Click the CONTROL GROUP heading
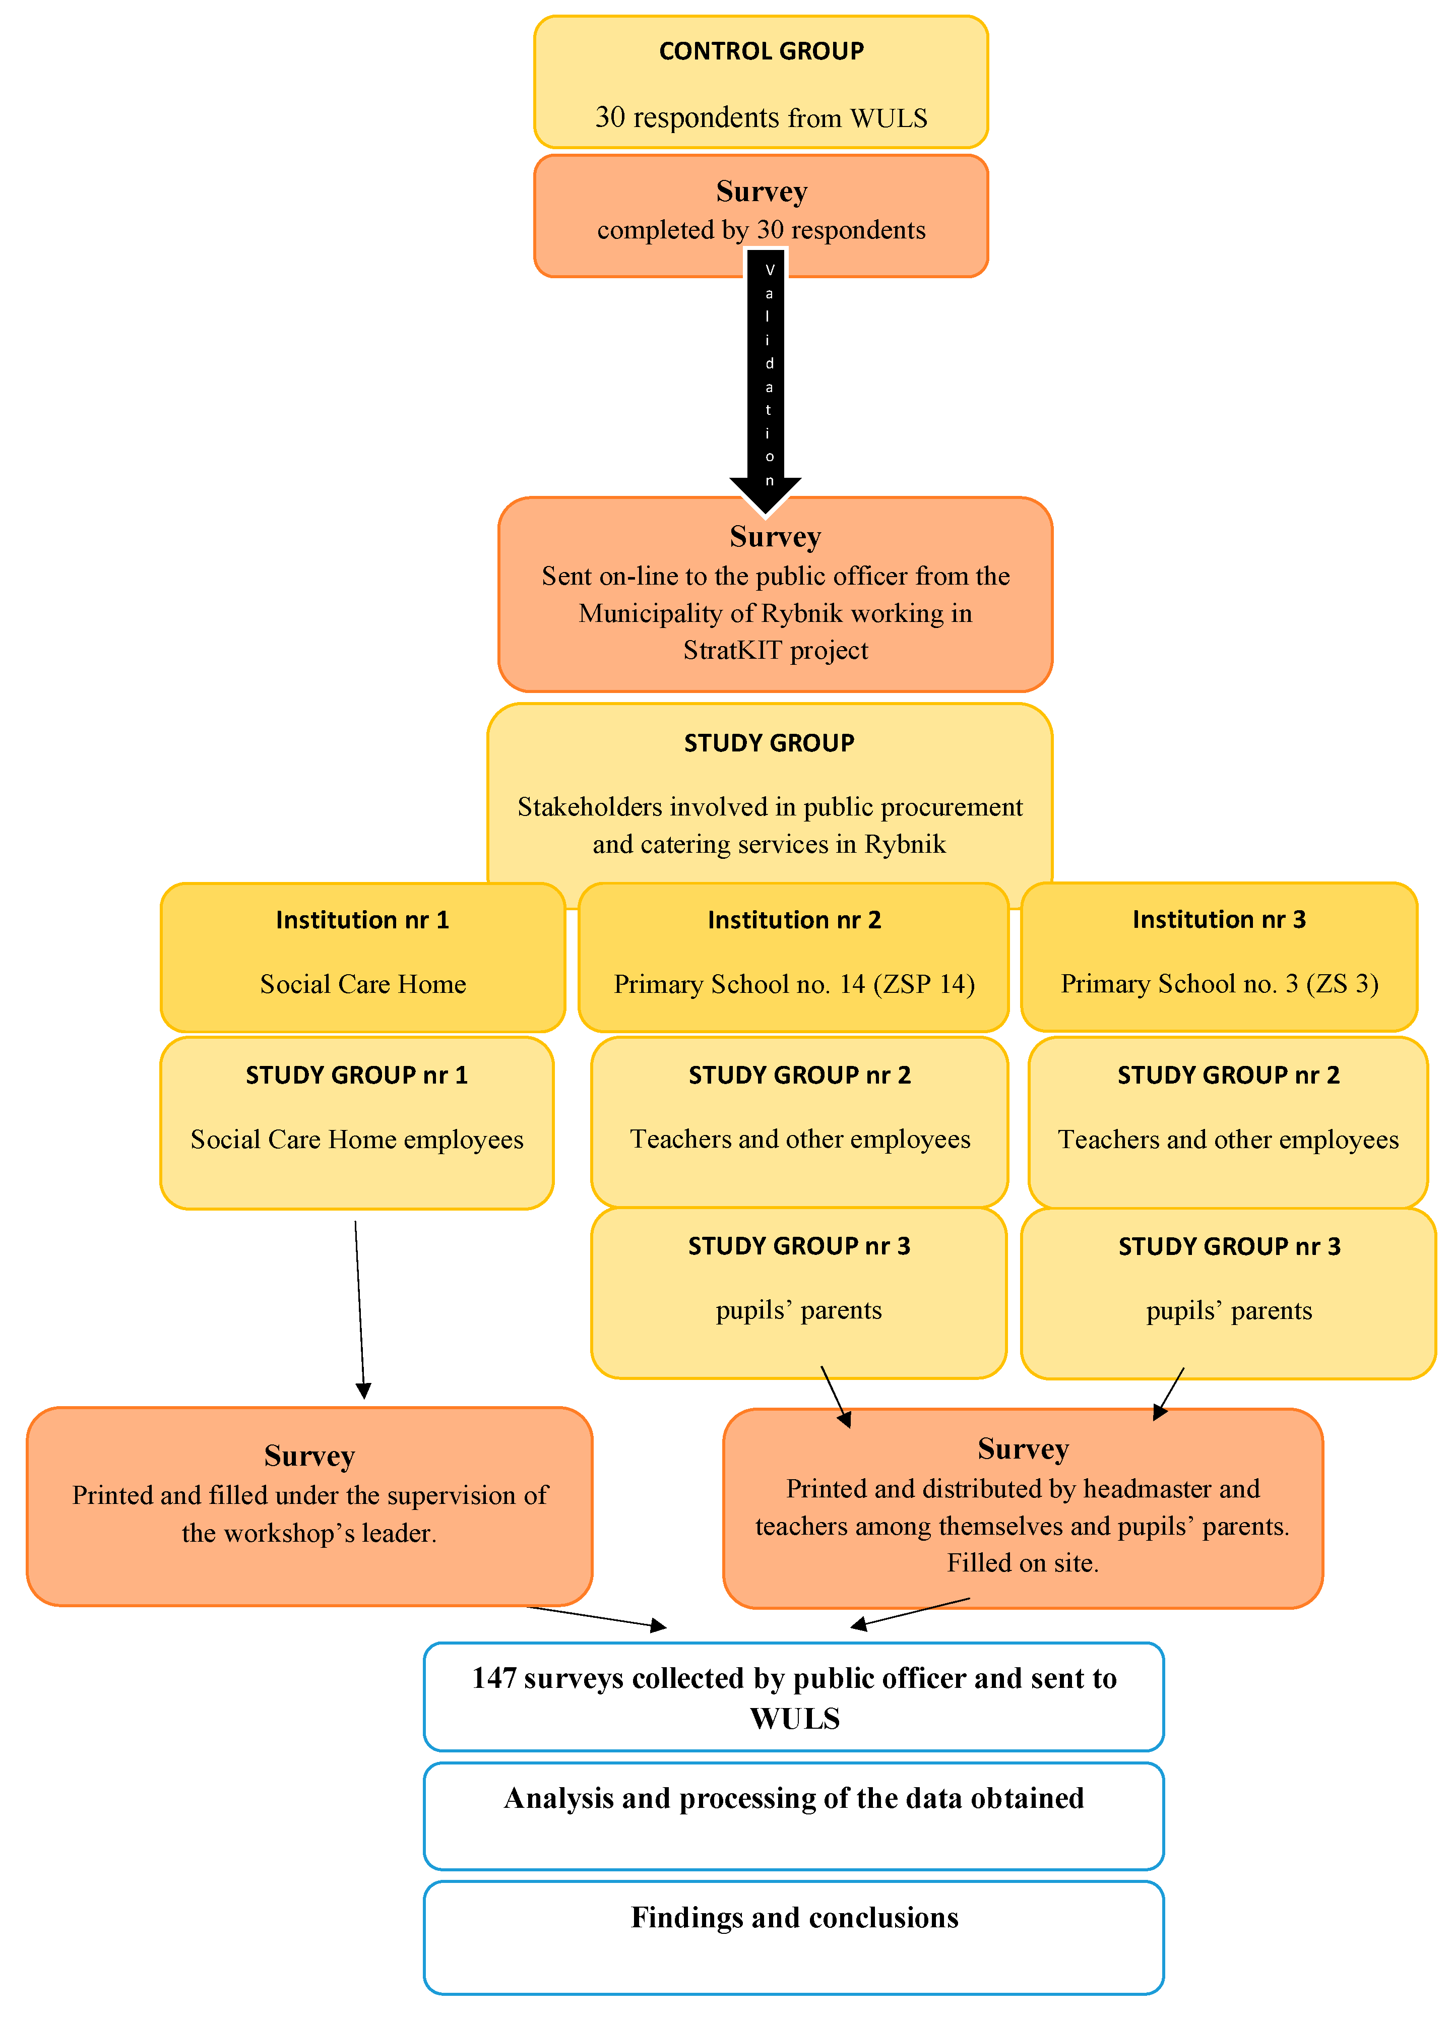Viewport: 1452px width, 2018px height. (x=761, y=51)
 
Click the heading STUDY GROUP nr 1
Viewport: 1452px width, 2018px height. (x=356, y=1075)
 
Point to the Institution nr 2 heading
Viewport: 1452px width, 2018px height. (x=794, y=920)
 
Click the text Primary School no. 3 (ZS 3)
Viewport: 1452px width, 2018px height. (x=1219, y=984)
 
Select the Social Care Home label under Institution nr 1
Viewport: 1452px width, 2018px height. (x=363, y=984)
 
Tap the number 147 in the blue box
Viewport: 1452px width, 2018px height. (x=494, y=1678)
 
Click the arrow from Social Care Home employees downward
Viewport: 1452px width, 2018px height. (x=359, y=1308)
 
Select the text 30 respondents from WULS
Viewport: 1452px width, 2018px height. (x=761, y=117)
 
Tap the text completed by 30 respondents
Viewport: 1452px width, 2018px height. (x=761, y=230)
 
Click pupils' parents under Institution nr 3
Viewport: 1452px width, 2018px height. (x=1229, y=1310)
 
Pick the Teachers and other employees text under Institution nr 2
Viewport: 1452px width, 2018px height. (x=800, y=1140)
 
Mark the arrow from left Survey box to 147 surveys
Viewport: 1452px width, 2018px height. (x=596, y=1617)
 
